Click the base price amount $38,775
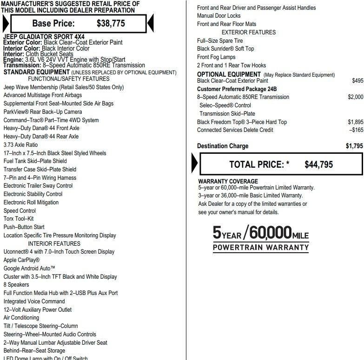[111, 23]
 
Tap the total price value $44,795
[318, 164]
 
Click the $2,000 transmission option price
[355, 97]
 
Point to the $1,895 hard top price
[355, 122]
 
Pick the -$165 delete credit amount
[356, 130]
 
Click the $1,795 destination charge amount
[354, 146]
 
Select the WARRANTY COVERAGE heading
[228, 181]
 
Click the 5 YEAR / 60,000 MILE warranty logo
[260, 238]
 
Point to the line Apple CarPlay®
[21, 260]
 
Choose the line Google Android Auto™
[29, 268]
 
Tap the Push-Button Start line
[24, 227]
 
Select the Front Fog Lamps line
[216, 57]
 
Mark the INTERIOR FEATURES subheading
[54, 243]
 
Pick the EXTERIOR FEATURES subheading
[249, 33]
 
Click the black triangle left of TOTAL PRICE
[194, 164]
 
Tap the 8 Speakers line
[16, 285]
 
